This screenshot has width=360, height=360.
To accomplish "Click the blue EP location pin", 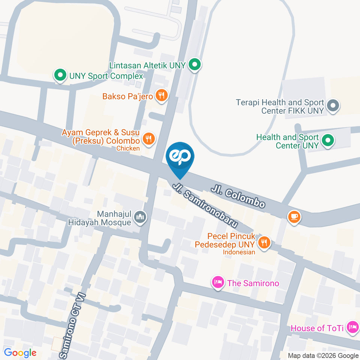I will pos(180,157).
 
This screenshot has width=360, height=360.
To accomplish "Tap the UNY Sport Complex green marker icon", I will pos(60,76).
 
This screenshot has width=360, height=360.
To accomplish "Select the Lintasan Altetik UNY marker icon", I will pos(194,65).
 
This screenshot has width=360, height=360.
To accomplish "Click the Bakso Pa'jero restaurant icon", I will pos(162,96).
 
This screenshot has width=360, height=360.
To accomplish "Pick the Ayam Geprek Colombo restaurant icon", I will pos(148,139).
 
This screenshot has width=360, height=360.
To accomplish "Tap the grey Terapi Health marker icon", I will pos(333,106).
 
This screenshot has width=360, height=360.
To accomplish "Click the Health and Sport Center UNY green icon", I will pos(328,141).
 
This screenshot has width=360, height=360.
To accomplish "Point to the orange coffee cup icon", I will pos(294,217).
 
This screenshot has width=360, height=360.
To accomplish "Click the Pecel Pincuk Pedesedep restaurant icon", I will pos(264,242).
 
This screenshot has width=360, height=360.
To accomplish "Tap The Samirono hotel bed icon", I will pos(218,283).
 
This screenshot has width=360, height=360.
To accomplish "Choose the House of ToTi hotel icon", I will pos(352,328).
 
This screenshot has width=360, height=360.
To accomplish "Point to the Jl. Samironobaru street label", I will pos(205,205).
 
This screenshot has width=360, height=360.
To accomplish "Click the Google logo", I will pos(20,352).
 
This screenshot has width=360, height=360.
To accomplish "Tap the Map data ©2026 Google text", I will pos(323,355).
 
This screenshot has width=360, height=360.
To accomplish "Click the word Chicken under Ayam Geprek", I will pos(128,148).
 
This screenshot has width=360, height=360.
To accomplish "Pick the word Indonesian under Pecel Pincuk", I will pos(239,252).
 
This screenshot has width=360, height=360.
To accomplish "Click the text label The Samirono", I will pos(253,283).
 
